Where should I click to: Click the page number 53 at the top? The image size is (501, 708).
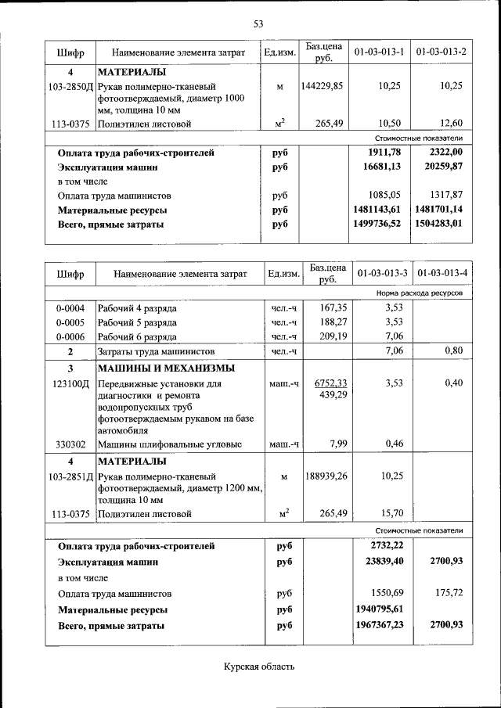258,23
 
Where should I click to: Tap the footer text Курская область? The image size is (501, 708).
259,667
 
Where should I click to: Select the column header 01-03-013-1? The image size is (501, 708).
379,52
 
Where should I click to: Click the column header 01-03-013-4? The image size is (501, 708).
442,273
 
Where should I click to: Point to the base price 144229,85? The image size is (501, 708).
322,86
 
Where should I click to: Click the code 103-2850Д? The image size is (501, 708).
70,86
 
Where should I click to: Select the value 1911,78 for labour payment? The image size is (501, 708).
384,153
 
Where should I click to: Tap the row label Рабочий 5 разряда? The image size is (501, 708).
137,322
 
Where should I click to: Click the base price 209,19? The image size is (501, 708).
329,336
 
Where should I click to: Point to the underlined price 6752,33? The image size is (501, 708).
330,383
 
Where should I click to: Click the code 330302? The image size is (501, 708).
70,444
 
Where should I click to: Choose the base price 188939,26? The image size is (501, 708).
322,476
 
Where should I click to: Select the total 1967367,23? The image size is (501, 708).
384,625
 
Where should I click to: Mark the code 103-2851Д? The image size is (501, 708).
70,476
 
